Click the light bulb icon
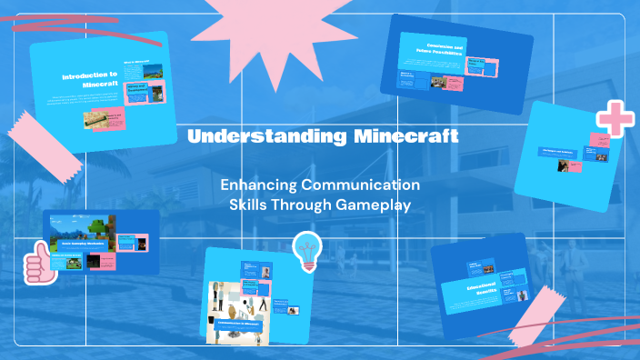[306, 250]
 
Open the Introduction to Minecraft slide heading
[90, 80]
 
